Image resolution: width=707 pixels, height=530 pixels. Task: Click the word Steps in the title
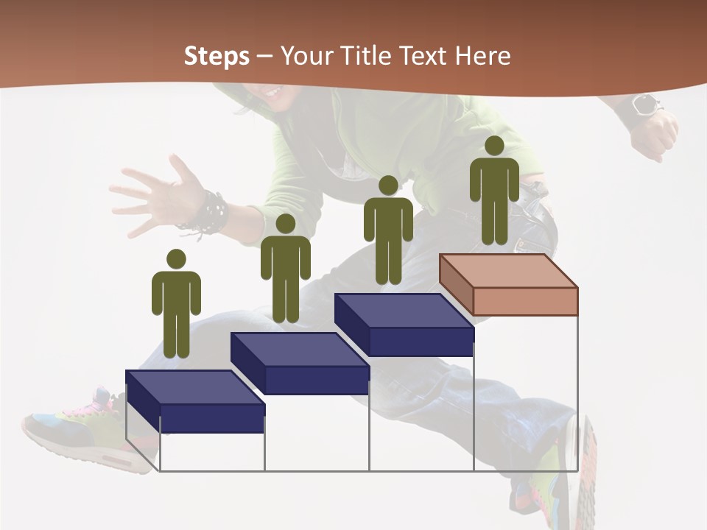coord(217,56)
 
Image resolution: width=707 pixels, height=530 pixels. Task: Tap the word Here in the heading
coord(482,56)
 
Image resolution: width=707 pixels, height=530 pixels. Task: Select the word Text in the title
coord(423,56)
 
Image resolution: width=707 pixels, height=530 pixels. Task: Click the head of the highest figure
coord(494,146)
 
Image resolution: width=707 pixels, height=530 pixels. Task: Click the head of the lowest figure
coord(176,259)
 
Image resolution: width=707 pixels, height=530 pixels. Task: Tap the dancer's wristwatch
coord(643,106)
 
